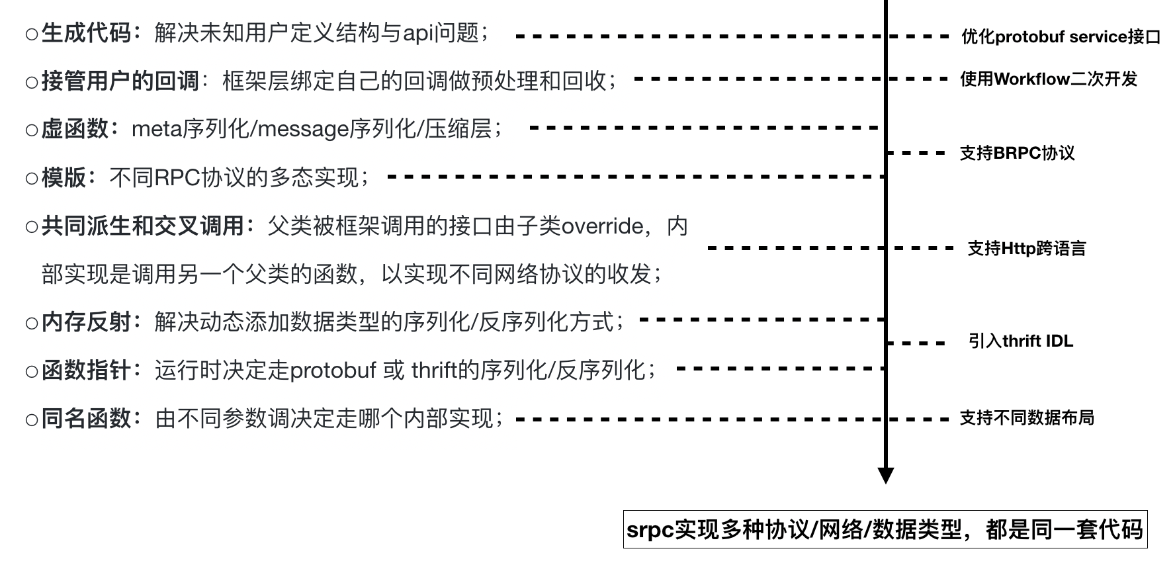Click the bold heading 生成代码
coord(86,32)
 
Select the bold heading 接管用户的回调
coord(120,81)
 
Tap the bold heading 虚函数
coord(75,128)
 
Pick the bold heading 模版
coord(64,177)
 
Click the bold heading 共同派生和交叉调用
coord(142,226)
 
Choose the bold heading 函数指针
coord(86,370)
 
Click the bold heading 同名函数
coord(86,418)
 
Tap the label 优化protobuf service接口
coord(1061,37)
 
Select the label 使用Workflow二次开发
coord(1049,79)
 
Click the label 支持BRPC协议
coord(1017,153)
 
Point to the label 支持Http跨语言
coord(1027,249)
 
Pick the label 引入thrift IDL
coord(1021,341)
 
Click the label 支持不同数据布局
coord(1027,418)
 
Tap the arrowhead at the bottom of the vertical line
coord(886,475)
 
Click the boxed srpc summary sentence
coord(885,529)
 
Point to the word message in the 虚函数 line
coord(302,128)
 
